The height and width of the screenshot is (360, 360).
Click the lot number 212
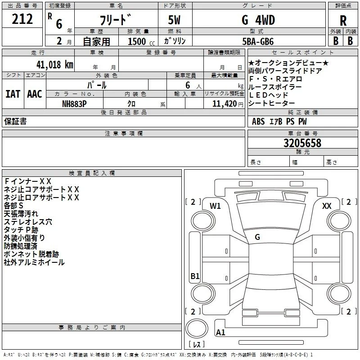pos(22,19)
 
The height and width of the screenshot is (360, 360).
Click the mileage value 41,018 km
pos(55,65)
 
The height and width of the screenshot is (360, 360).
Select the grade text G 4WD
pos(258,20)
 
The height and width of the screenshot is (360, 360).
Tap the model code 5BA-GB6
pos(258,41)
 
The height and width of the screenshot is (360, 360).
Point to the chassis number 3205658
pos(302,143)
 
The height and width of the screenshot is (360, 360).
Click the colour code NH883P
pos(74,104)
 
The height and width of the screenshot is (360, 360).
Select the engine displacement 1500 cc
pos(141,41)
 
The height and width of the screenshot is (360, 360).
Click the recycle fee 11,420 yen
pos(228,104)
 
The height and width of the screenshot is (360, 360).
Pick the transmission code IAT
pos(13,94)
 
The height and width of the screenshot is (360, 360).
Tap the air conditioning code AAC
pos(35,94)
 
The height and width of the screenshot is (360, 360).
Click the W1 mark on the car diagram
pos(215,206)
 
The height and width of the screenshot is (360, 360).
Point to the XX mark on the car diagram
pos(327,206)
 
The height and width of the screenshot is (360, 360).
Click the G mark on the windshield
pos(257,237)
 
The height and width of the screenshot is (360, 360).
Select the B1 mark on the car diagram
pos(195,276)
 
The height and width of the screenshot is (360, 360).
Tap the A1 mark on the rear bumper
pos(220,332)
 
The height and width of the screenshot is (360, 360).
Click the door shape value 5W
pos(174,20)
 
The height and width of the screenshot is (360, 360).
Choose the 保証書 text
pos(15,121)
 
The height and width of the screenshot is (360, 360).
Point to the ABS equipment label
pos(258,121)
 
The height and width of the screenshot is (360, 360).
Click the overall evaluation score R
pos(343,21)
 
